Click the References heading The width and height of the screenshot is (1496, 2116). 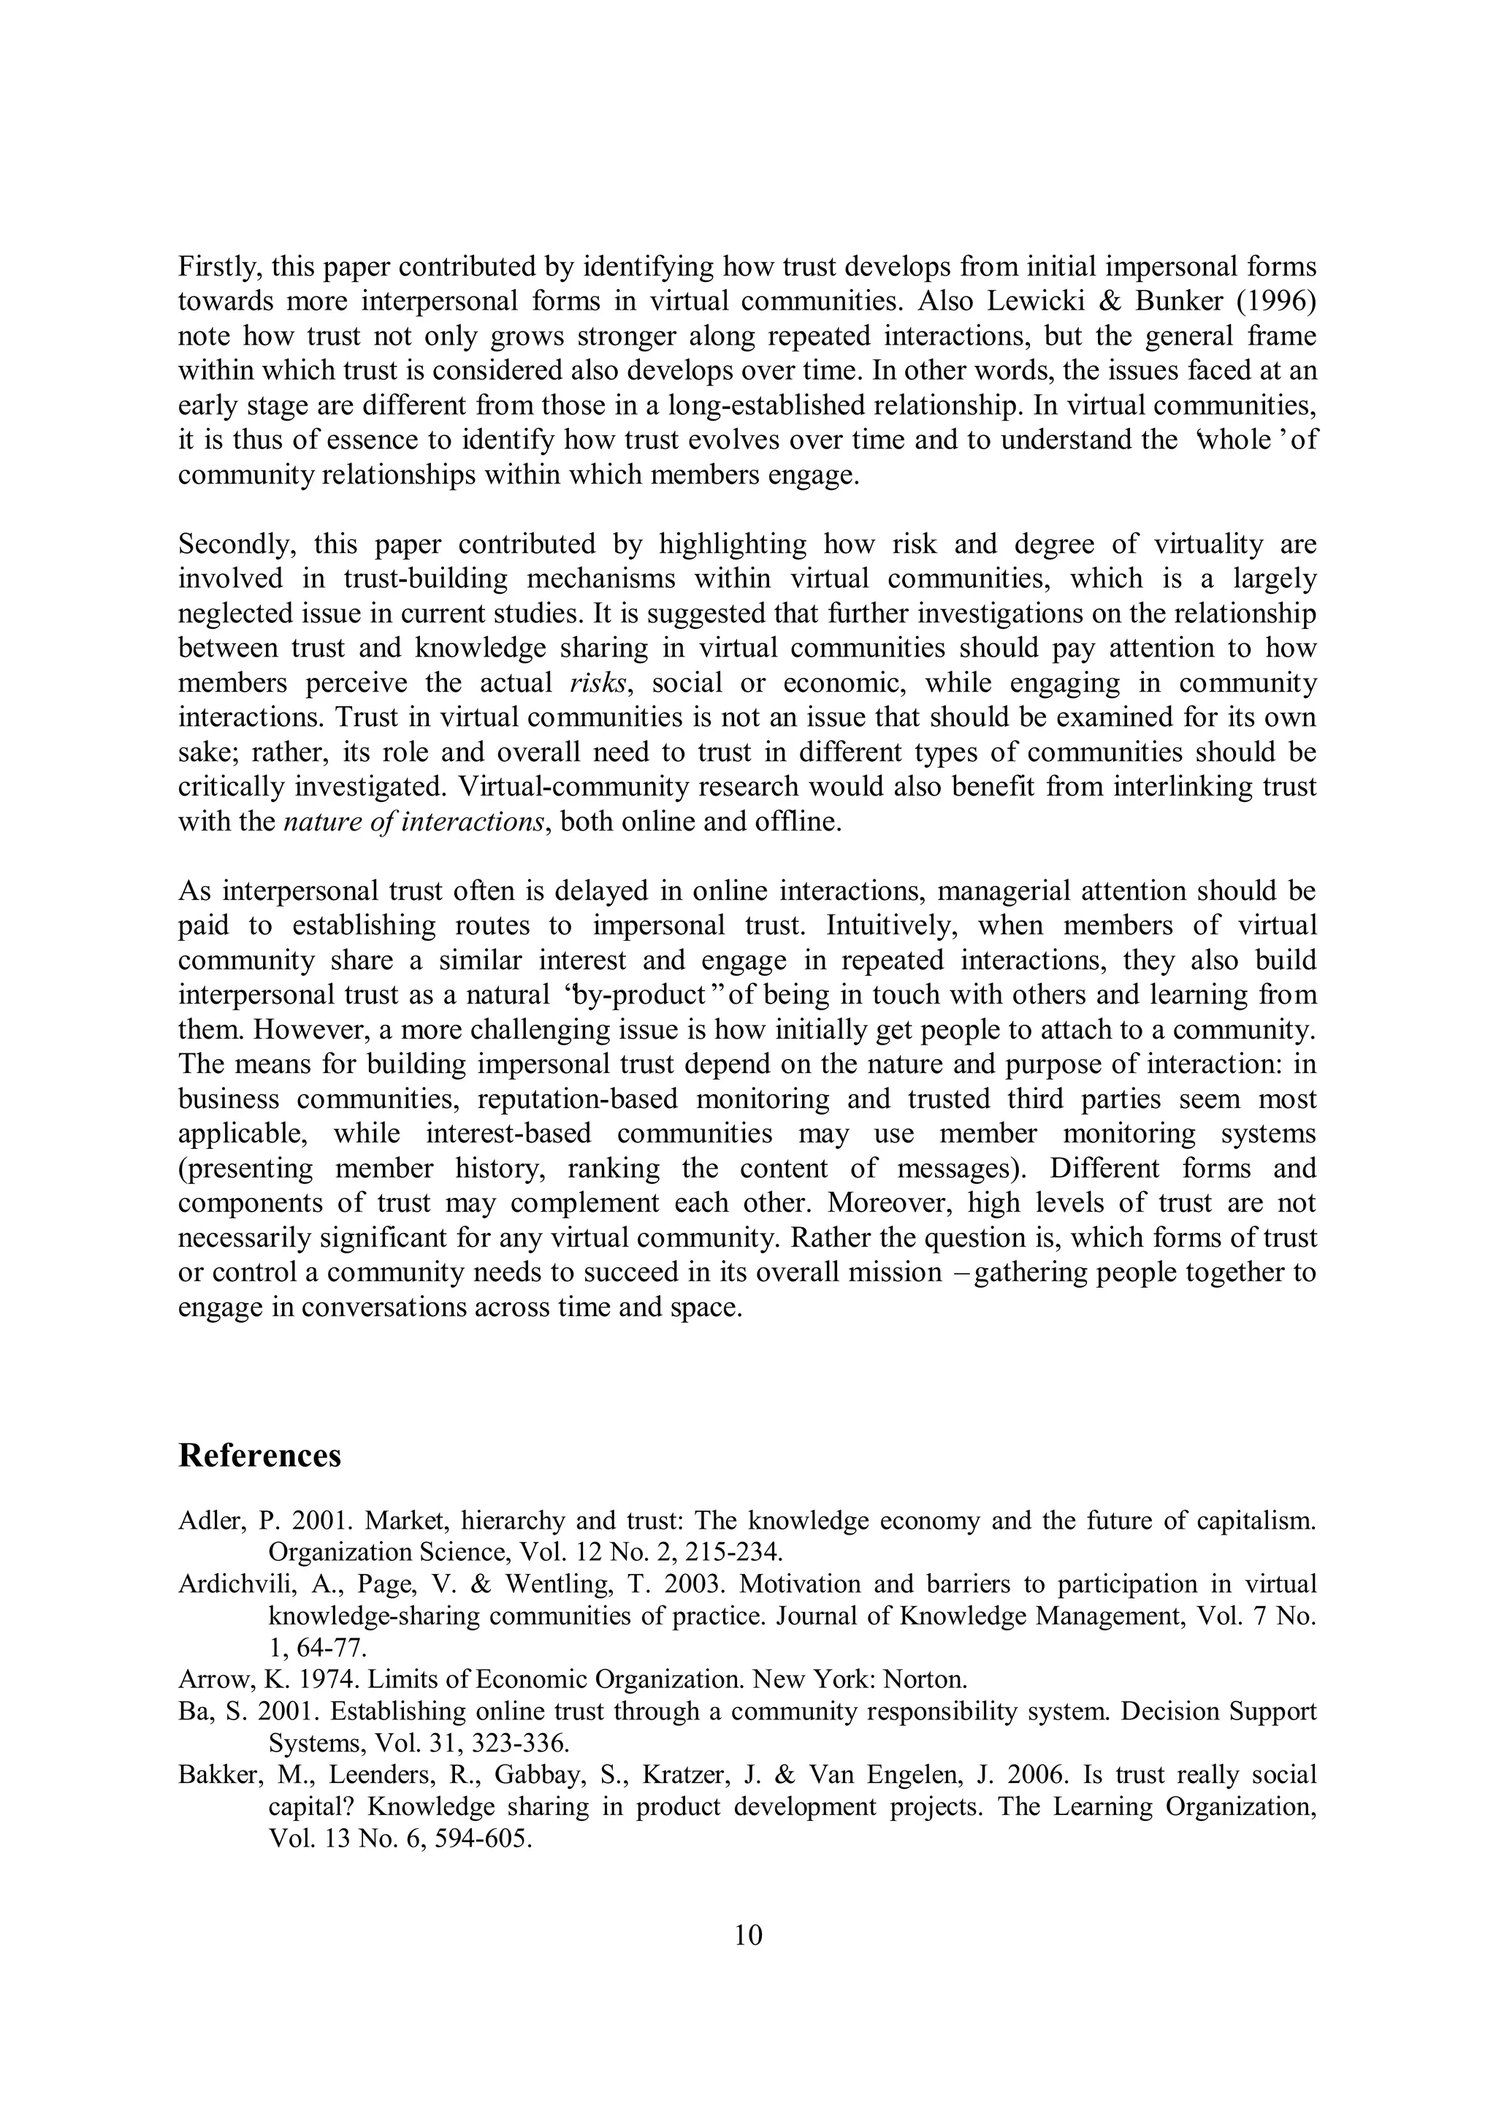(x=259, y=1456)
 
